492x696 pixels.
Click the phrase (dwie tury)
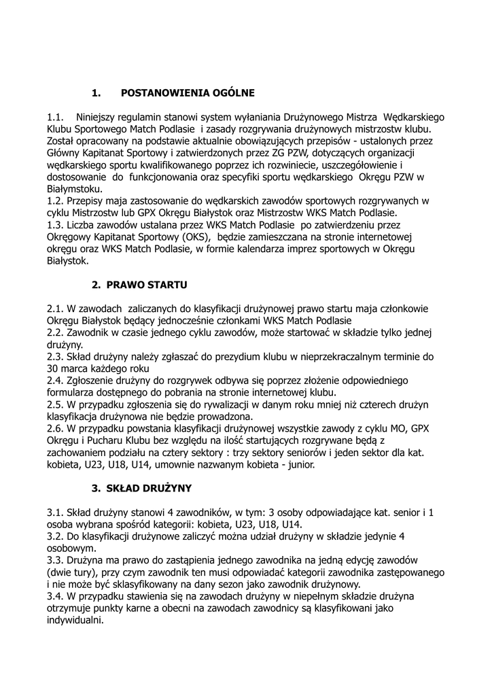73,572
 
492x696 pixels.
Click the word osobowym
72,548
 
